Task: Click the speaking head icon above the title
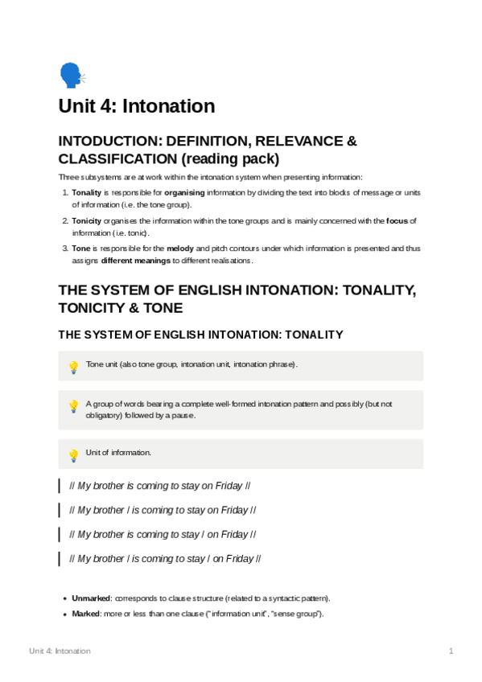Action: coord(72,76)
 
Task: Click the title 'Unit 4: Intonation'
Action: coord(136,106)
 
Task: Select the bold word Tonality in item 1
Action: coord(86,193)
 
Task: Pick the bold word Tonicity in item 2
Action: coord(87,220)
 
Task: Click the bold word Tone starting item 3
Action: coord(80,249)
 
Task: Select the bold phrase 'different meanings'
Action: coord(134,261)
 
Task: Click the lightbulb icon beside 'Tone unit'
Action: coord(73,367)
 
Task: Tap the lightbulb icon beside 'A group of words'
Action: coord(73,406)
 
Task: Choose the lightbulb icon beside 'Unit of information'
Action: coord(73,454)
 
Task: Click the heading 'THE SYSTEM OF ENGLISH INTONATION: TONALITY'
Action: coord(201,334)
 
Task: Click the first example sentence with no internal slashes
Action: coord(160,487)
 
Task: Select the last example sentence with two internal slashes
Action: coord(165,559)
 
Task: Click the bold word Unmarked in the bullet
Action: coord(91,599)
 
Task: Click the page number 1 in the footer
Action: coord(451,651)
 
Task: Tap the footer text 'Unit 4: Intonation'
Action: coord(60,651)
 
